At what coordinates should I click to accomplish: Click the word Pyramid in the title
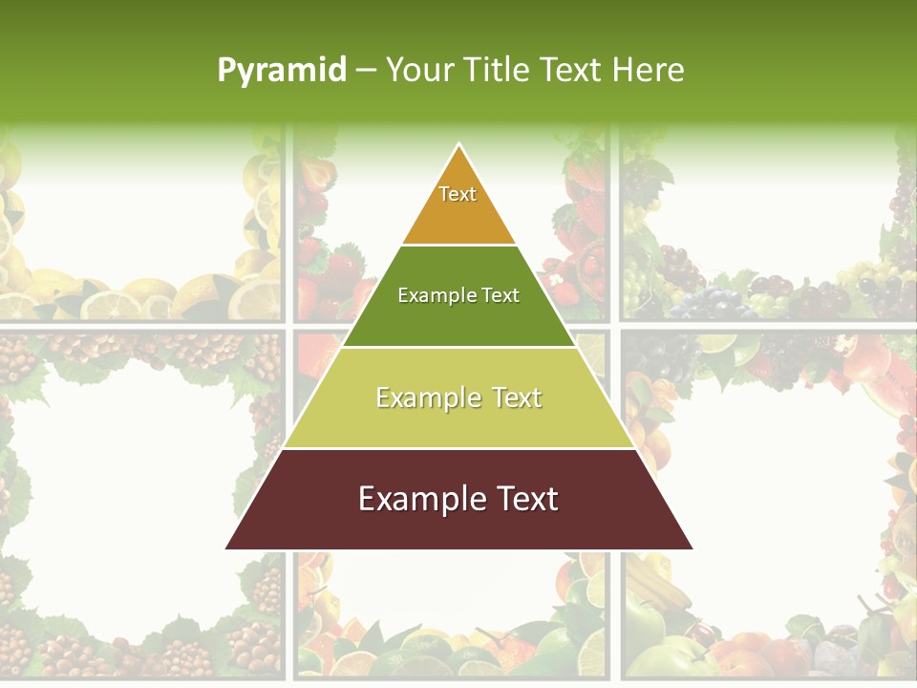pos(281,71)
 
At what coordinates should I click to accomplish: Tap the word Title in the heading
pos(499,70)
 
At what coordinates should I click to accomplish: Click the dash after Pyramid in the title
pos(365,71)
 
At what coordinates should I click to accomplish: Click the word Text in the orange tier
pos(458,194)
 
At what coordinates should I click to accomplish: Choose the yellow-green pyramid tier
pos(458,420)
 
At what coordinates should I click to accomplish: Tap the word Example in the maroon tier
pos(418,499)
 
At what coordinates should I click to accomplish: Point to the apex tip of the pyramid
pos(459,145)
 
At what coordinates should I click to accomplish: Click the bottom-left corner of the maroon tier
pos(227,548)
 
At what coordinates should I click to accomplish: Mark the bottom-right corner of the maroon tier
pos(692,548)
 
